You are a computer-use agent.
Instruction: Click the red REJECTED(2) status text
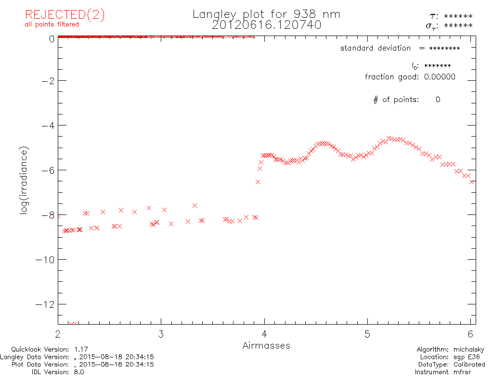point(65,15)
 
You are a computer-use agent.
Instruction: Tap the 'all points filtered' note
point(52,25)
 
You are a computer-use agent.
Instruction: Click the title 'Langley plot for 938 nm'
point(266,14)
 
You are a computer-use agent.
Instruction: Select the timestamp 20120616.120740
point(266,25)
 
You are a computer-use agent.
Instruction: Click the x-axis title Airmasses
point(266,346)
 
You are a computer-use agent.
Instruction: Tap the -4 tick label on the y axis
point(47,126)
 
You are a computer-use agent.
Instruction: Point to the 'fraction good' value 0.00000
point(440,77)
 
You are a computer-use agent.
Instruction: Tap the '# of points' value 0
point(438,100)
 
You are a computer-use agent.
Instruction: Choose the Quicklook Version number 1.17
point(81,350)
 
